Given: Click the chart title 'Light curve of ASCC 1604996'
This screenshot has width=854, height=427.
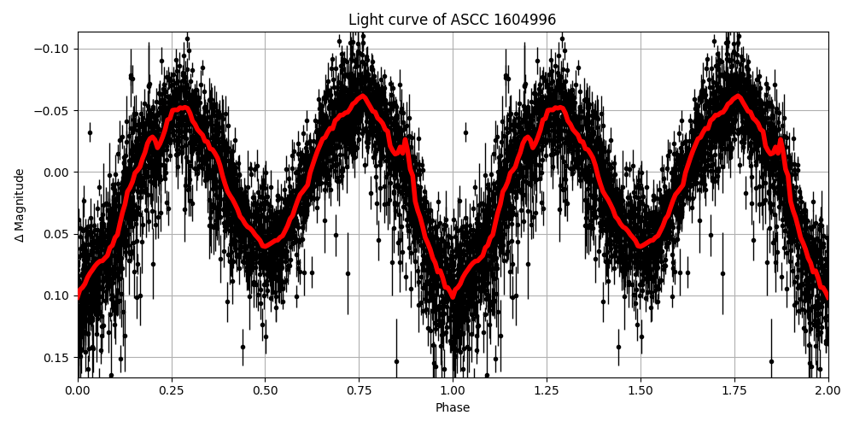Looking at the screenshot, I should (x=452, y=20).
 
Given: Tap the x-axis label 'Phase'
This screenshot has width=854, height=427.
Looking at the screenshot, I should (x=453, y=408).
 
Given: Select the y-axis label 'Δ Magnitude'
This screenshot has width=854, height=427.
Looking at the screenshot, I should (x=20, y=205).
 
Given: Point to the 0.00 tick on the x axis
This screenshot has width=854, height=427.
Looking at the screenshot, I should (x=78, y=391).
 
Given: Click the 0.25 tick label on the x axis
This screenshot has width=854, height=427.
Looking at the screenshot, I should (x=172, y=391).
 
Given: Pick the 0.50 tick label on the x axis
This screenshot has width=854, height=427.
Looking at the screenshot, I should (x=265, y=391).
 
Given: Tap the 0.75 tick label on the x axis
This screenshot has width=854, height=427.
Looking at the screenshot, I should (x=359, y=391).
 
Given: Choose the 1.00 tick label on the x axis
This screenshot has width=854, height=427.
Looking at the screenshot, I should (x=453, y=391).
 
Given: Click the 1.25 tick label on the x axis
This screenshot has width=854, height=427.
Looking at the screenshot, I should (x=547, y=391).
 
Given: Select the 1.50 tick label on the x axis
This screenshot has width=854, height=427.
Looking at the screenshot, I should (x=640, y=391).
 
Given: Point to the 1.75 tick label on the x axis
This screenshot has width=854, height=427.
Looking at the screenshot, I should (x=734, y=391).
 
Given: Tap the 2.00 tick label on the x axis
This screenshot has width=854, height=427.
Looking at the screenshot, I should (x=828, y=391).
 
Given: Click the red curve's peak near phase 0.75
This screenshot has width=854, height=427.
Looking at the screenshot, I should (x=363, y=97).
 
